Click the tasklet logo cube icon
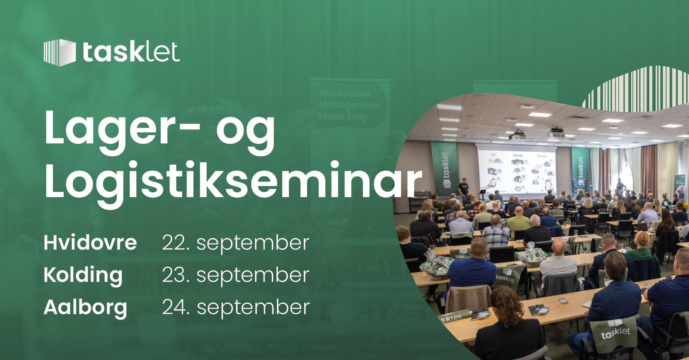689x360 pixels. [x=60, y=52]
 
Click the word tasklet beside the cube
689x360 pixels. [x=131, y=52]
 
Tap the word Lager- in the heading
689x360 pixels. [x=122, y=128]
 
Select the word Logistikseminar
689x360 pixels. [x=233, y=181]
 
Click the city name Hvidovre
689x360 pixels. [x=90, y=243]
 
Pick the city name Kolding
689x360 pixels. [x=83, y=275]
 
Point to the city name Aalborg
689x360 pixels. [x=85, y=308]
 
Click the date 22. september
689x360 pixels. [x=236, y=243]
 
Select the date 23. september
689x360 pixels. [x=236, y=275]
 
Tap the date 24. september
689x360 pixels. [x=236, y=308]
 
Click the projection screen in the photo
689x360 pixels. [x=517, y=169]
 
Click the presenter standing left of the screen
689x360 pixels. [x=464, y=188]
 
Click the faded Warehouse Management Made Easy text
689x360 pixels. [x=349, y=105]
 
